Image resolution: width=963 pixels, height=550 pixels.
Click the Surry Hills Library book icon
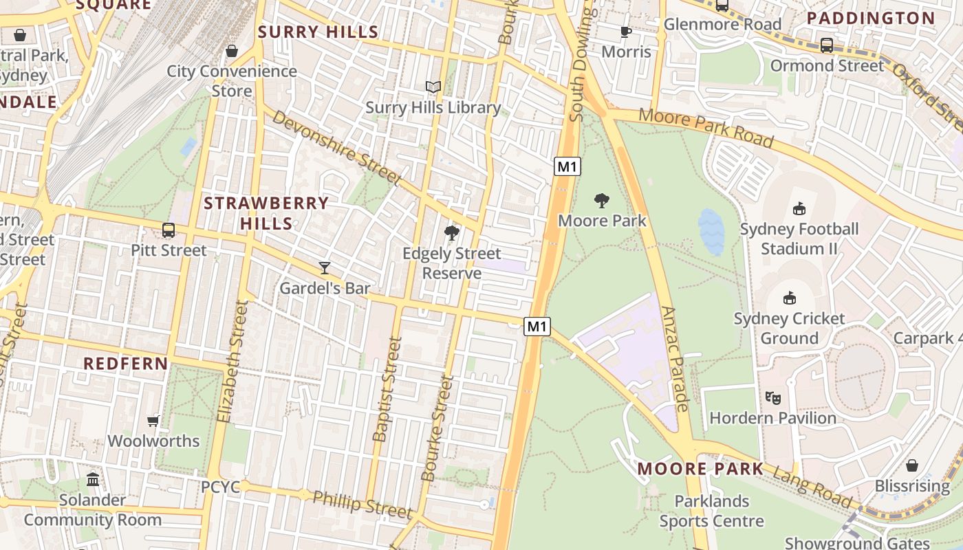(433, 87)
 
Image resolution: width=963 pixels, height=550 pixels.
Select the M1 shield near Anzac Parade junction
(537, 327)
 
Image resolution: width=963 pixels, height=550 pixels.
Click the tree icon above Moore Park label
(602, 201)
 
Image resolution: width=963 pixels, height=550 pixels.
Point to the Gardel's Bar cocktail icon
(325, 268)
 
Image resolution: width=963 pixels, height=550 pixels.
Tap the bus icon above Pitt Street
(169, 230)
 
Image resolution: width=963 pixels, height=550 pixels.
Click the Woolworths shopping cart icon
(153, 421)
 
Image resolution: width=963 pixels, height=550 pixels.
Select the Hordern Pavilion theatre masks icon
(773, 398)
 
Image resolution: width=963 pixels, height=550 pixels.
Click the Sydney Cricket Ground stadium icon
(790, 298)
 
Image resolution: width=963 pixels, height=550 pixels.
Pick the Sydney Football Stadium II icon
(799, 208)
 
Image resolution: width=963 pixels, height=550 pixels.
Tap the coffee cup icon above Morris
(626, 32)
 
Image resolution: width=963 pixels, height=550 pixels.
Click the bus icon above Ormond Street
(827, 45)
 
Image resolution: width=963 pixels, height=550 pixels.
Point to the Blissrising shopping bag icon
(912, 466)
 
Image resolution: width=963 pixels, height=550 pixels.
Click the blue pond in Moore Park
(711, 232)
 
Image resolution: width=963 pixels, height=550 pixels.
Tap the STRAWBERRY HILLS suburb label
(267, 213)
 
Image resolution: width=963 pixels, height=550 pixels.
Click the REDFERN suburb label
(126, 364)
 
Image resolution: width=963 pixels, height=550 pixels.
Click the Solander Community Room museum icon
(93, 479)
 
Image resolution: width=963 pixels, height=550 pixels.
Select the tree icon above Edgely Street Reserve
(452, 233)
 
